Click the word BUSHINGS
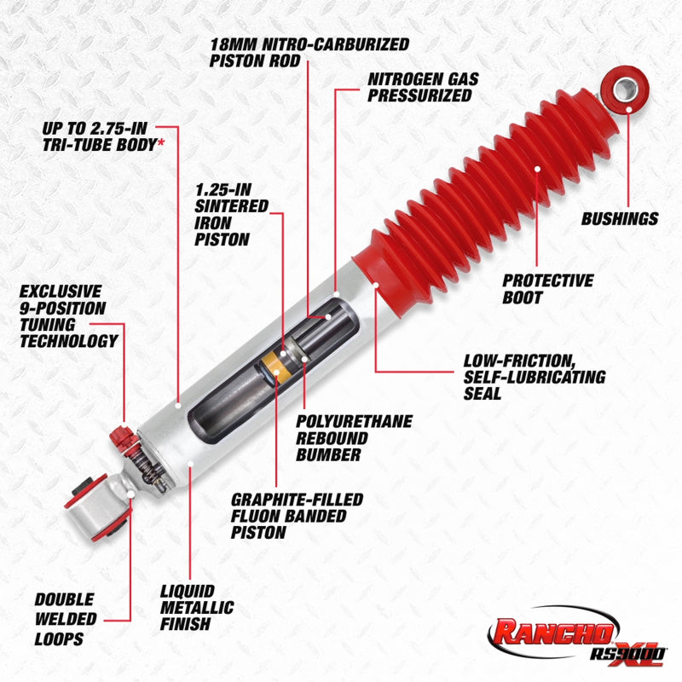click(620, 219)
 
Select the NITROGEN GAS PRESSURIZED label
click(423, 87)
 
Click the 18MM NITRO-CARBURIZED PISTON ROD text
click(309, 51)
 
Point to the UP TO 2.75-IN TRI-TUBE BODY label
click(101, 136)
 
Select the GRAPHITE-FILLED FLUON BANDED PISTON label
click(297, 516)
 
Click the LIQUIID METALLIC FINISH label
click(199, 606)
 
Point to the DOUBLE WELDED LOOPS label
click(66, 619)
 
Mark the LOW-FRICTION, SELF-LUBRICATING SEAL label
click(534, 376)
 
